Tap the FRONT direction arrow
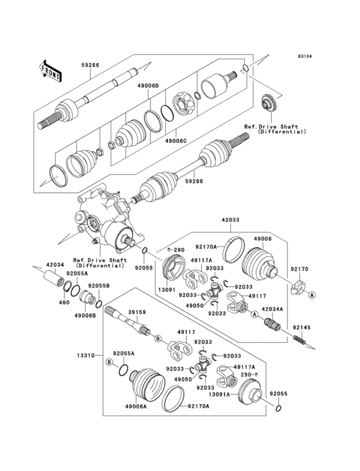(50, 69)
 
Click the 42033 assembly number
(231, 219)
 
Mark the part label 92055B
(98, 285)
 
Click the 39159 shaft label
(137, 311)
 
